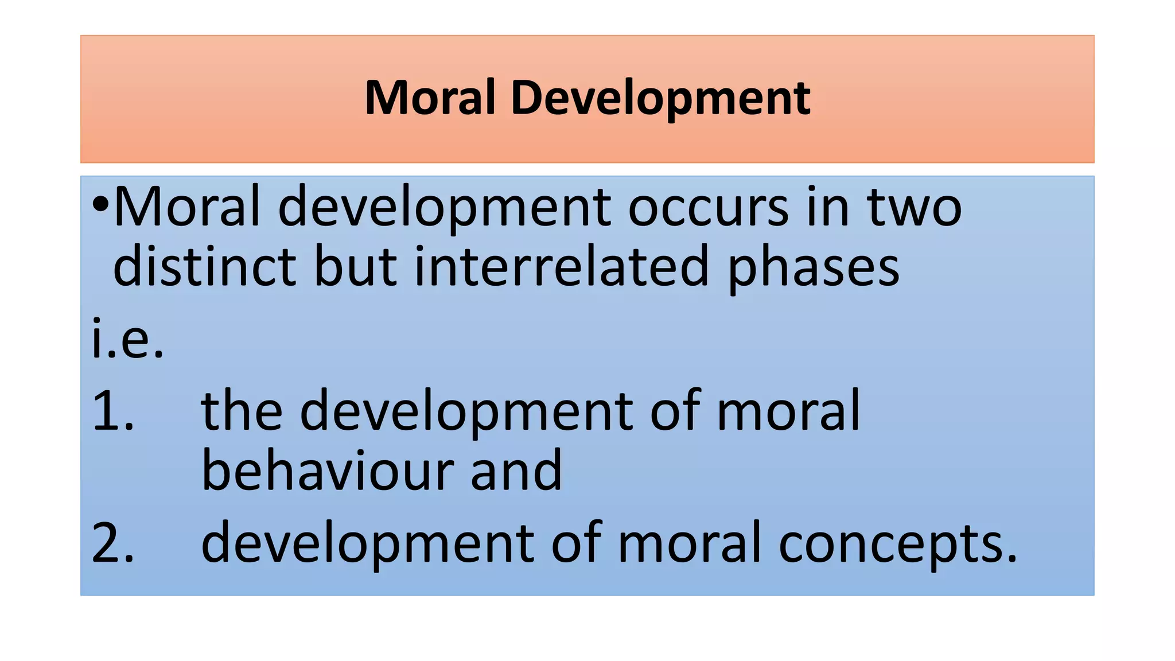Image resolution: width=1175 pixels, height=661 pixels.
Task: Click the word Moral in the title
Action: (x=430, y=98)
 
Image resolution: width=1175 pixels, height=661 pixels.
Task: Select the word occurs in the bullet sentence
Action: (x=708, y=207)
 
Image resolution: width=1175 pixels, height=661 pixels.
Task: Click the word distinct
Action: (x=205, y=266)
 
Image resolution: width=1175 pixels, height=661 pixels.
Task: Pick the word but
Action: (x=355, y=266)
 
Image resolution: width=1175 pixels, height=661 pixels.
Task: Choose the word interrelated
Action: (x=562, y=266)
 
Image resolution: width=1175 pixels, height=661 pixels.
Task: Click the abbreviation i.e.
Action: (x=128, y=339)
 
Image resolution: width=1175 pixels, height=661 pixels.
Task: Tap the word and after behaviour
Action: (x=516, y=471)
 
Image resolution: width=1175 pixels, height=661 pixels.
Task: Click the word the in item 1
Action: (x=242, y=411)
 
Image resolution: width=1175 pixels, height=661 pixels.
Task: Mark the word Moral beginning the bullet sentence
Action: (x=188, y=207)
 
